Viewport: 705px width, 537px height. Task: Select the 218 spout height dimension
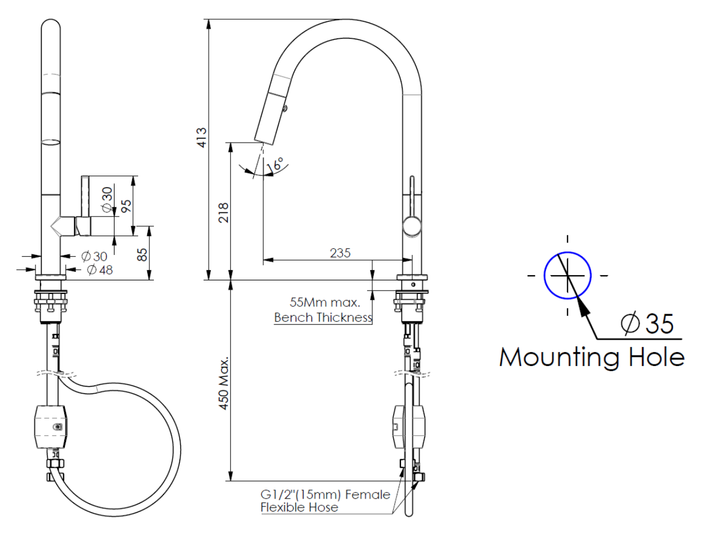[x=224, y=212]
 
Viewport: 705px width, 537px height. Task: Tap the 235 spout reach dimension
[x=341, y=253]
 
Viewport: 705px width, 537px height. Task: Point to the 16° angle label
[x=277, y=164]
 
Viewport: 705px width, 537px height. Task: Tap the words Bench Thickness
[x=323, y=318]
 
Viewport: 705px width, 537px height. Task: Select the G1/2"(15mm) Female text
[x=325, y=495]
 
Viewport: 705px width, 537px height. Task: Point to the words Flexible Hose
[x=299, y=508]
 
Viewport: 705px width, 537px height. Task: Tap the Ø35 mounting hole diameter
[x=646, y=324]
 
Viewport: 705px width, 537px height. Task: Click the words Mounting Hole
[x=592, y=358]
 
